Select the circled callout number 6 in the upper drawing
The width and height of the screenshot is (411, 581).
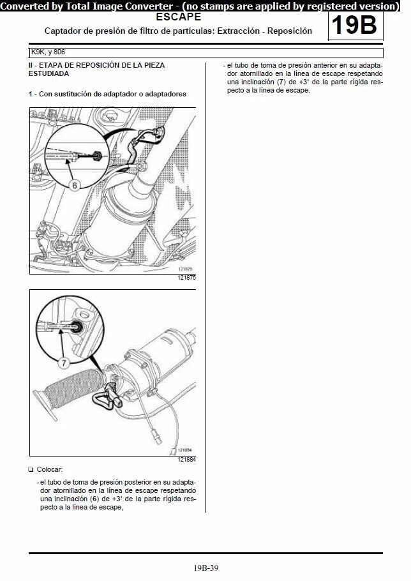pos(75,185)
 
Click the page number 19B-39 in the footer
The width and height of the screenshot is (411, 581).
pos(205,567)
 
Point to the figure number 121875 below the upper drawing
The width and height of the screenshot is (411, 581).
pos(186,278)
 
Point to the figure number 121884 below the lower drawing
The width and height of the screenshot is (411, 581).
pos(186,459)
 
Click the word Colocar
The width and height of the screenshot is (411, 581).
pos(49,469)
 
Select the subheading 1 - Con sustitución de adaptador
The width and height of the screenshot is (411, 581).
pos(107,94)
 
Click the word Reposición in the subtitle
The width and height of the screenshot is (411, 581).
pos(290,31)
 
